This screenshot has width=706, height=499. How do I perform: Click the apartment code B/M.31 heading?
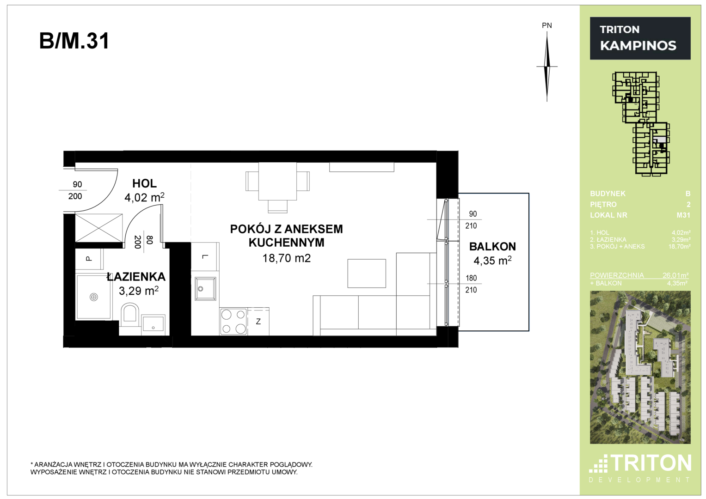point(74,41)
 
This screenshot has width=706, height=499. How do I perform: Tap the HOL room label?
point(144,183)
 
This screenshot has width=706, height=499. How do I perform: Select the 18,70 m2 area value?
point(287,258)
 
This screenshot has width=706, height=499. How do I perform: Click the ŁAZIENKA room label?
point(136,277)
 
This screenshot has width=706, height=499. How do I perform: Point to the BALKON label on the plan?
point(492,246)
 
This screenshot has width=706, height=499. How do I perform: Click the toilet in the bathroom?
point(130,318)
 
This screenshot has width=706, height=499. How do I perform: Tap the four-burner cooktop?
point(233,321)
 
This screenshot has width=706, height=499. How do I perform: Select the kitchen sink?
point(205,289)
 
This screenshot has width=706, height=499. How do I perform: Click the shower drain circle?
point(93,297)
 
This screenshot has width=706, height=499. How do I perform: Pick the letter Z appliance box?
point(258,321)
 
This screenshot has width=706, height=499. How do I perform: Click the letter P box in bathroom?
point(89,259)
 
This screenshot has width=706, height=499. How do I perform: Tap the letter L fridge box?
point(205,256)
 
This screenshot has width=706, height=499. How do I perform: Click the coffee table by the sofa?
point(367,274)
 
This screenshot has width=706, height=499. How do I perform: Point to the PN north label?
point(547,25)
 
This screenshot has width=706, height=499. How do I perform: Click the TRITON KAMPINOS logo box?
point(640,38)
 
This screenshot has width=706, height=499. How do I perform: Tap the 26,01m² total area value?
point(675,275)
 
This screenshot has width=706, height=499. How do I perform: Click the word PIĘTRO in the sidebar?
point(603,204)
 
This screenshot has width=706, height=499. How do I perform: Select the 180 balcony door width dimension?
point(471,278)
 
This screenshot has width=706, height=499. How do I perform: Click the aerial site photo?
point(640,367)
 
